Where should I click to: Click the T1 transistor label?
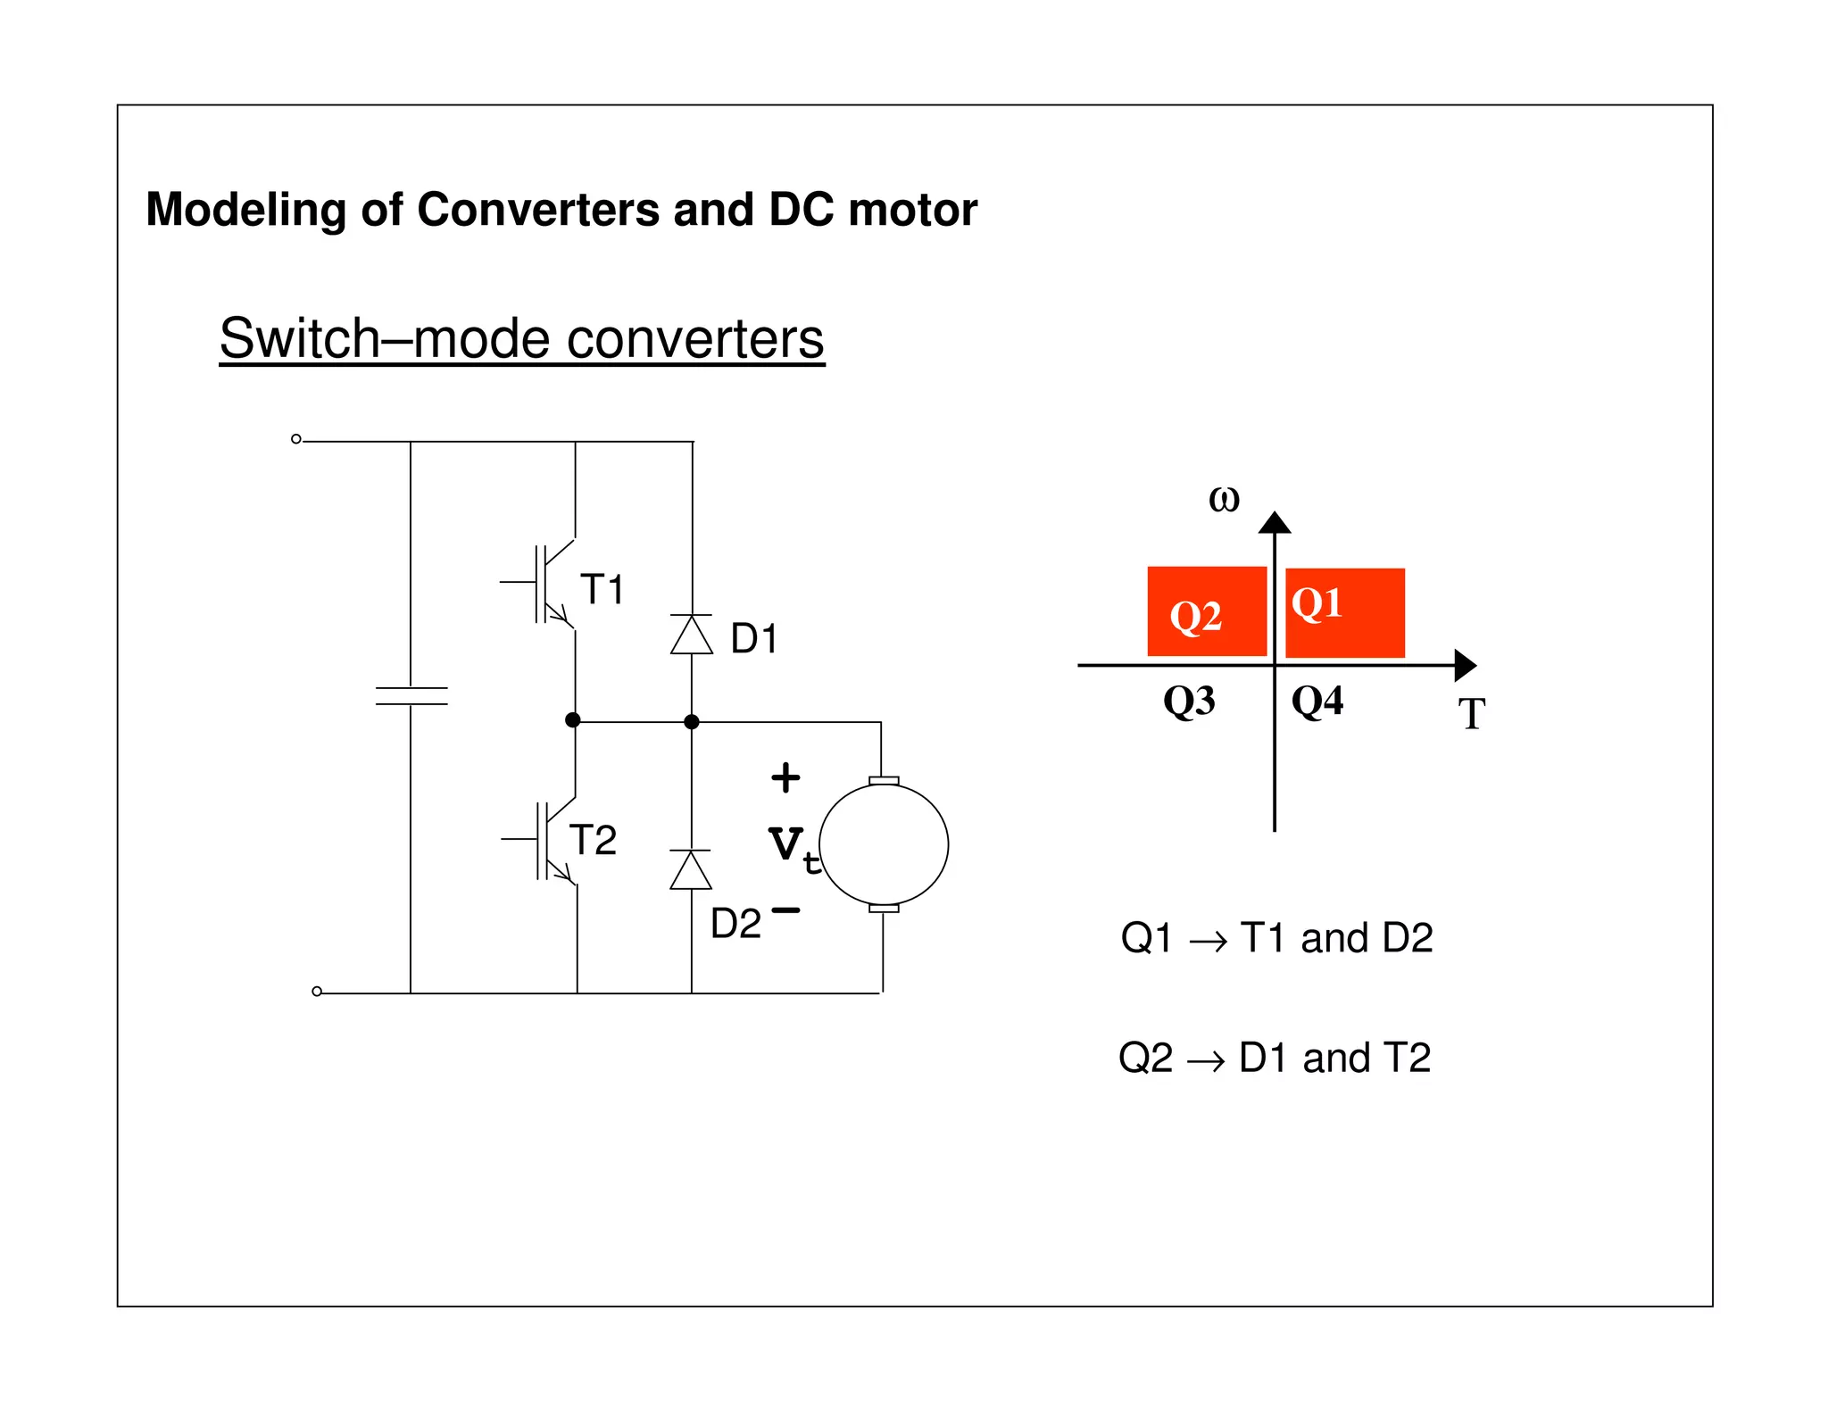602,589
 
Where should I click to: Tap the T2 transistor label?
593,840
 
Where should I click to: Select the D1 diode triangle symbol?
691,635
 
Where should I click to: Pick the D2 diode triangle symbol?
691,870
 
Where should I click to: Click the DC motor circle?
884,844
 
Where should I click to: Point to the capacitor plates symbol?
411,696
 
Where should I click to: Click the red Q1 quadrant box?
1345,612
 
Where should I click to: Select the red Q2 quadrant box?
1207,611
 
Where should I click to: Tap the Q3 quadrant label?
1189,701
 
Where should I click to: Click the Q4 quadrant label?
1317,701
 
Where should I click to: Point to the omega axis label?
1224,499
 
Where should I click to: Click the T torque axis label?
1471,714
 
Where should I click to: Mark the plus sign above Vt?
785,777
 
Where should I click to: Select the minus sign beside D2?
785,910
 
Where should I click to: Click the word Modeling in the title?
245,211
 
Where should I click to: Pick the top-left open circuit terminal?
296,439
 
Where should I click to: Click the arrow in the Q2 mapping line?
1206,1060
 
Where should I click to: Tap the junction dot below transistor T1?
573,720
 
